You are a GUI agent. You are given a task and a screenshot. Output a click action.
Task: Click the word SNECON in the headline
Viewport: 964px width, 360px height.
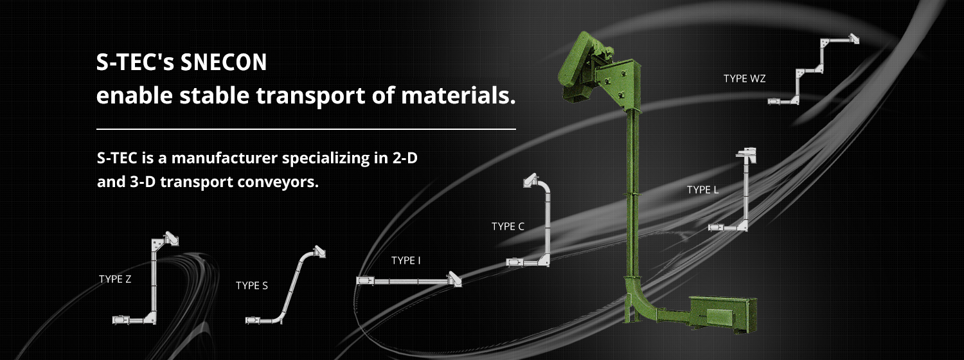(x=224, y=62)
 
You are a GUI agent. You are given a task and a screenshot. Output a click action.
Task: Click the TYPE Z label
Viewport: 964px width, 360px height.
(x=115, y=279)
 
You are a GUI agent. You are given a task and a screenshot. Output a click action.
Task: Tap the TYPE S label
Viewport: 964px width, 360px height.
(x=252, y=285)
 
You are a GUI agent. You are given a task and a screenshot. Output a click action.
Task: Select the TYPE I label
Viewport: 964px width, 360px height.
(x=406, y=260)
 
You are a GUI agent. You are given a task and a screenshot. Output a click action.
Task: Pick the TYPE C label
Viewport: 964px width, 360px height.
(x=508, y=226)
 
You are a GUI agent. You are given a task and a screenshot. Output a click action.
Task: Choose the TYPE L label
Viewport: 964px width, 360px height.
(x=703, y=190)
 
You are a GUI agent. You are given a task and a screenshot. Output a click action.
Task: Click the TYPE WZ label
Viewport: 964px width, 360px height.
(x=744, y=79)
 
